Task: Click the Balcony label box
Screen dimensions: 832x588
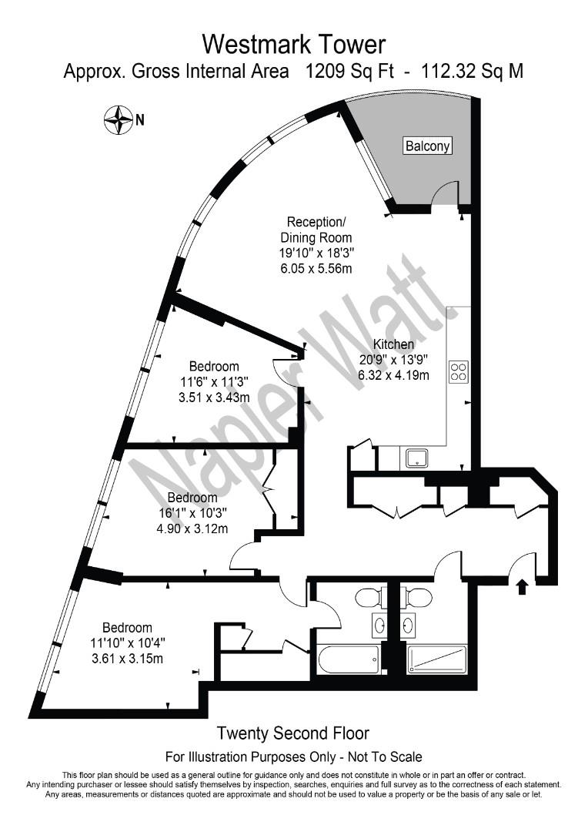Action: (428, 146)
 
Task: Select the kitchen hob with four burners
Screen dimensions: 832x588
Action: (459, 372)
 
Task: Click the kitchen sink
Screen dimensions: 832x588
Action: (418, 458)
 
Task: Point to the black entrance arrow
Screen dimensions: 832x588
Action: (523, 587)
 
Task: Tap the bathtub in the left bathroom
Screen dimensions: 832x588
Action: (348, 659)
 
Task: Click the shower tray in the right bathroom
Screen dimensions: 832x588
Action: (436, 659)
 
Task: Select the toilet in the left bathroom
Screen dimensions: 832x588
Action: (369, 595)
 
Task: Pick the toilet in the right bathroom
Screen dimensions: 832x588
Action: (418, 595)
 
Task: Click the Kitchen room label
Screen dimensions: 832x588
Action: (393, 344)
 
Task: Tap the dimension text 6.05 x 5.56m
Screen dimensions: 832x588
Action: (316, 269)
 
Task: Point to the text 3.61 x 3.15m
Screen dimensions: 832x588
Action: (126, 659)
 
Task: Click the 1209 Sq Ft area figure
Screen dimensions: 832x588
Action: (349, 72)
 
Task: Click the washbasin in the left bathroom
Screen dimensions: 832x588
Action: (379, 625)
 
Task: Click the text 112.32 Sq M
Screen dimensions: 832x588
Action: (473, 72)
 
